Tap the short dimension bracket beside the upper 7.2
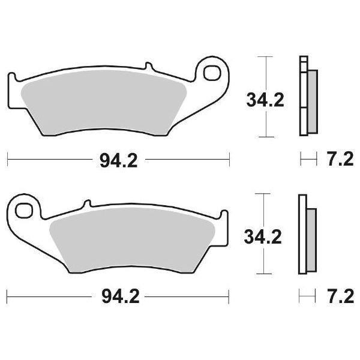pos(307,160)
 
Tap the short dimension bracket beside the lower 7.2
pos(307,296)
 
